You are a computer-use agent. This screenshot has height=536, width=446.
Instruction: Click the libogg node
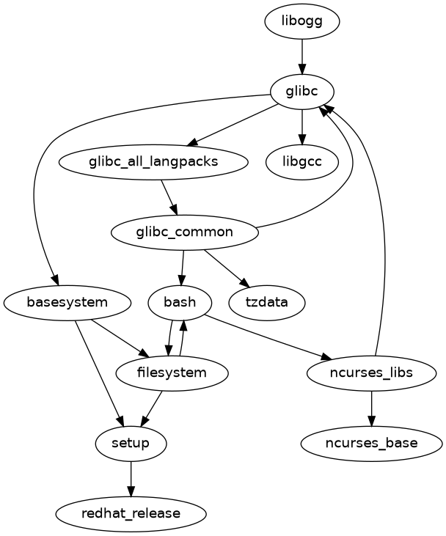[302, 21]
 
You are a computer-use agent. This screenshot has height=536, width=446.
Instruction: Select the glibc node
[302, 92]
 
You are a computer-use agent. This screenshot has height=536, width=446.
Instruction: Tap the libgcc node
[302, 162]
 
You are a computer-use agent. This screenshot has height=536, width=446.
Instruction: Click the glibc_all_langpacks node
[153, 162]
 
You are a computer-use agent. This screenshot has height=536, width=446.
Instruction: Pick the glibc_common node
[184, 232]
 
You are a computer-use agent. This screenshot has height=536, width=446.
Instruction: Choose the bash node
[180, 302]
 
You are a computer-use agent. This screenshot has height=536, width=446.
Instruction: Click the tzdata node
[267, 302]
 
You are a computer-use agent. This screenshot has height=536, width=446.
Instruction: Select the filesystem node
[172, 372]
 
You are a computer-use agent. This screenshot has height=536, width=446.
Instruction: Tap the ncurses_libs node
[372, 372]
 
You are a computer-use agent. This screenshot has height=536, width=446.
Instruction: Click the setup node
[131, 443]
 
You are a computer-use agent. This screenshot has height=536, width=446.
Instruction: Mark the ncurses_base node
[372, 443]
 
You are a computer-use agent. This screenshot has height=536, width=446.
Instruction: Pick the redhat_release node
[131, 513]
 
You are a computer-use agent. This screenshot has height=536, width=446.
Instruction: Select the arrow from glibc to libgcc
[302, 127]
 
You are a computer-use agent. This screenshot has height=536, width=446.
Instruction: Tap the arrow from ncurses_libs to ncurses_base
[372, 408]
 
